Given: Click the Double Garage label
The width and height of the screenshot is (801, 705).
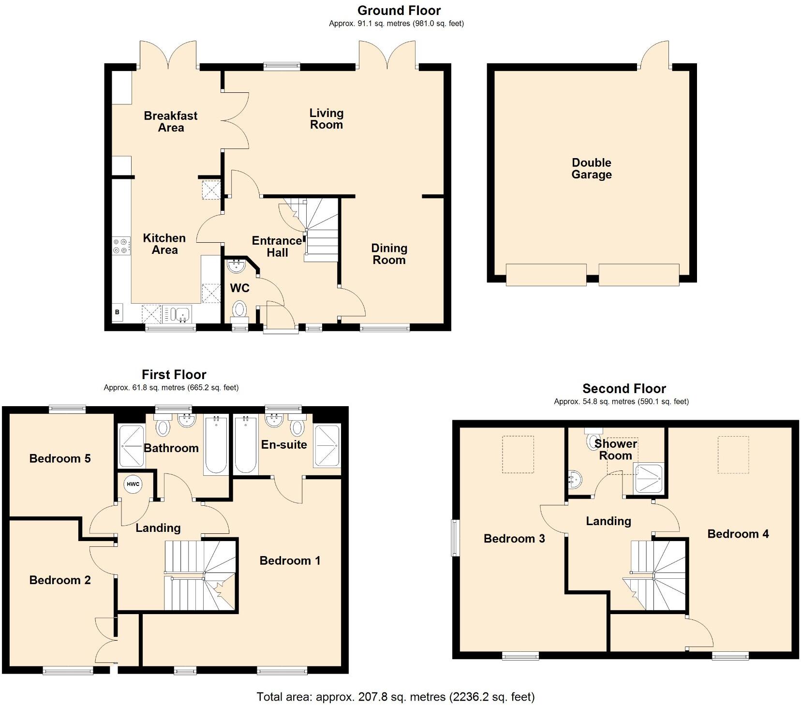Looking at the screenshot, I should click(591, 169).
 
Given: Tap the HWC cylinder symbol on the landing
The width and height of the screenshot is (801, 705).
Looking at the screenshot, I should click(133, 484).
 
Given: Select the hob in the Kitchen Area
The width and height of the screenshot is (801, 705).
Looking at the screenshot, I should click(121, 245).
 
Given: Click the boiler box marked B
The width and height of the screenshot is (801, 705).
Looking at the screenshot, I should click(117, 312).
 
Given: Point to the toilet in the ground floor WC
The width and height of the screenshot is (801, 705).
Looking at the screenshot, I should click(239, 309).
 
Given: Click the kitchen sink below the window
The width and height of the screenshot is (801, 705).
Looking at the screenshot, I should click(178, 314).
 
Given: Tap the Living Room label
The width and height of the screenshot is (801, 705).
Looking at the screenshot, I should click(326, 119).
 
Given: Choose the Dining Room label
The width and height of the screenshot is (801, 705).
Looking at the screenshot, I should click(389, 254).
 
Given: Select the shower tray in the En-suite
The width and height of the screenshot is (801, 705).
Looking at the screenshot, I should click(327, 445).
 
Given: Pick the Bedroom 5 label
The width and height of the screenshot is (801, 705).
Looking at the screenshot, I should click(60, 458).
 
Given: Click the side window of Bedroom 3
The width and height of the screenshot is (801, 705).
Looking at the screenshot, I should click(455, 537).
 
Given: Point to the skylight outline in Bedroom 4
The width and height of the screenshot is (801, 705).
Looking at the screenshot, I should click(733, 455).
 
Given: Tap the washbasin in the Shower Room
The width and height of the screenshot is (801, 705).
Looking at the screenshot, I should click(575, 480).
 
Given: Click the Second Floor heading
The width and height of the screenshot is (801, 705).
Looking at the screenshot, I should click(624, 388).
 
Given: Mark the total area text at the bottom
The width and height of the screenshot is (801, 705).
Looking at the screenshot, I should click(395, 697).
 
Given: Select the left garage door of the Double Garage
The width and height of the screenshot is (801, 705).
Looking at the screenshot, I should click(546, 275).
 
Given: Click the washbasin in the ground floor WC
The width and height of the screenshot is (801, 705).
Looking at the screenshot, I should click(237, 266).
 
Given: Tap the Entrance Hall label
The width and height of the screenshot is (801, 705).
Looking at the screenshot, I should click(277, 247).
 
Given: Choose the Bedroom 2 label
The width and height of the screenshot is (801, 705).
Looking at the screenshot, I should click(60, 580).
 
